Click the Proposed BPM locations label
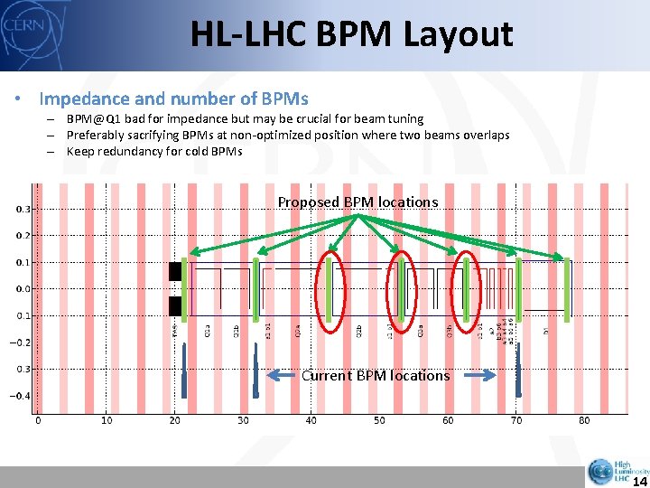357,202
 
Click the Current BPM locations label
376,375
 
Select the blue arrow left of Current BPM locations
284,376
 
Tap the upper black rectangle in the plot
175,271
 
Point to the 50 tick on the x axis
380,420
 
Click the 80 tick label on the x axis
585,420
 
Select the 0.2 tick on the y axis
20,235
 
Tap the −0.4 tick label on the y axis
18,396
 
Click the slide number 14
636,480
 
